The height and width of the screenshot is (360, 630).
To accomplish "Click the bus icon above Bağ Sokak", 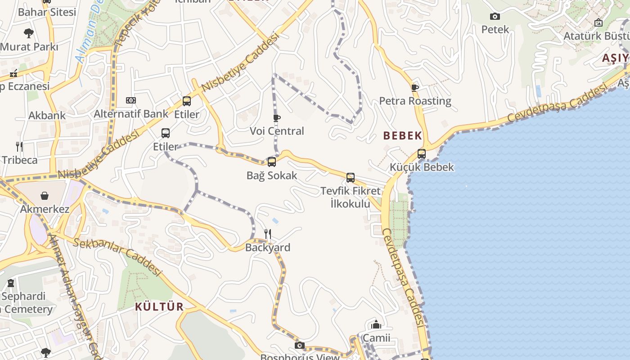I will (x=271, y=162).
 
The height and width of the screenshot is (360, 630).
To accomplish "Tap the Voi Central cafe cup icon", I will (x=277, y=118).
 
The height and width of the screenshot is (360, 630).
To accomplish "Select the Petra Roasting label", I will (x=415, y=101).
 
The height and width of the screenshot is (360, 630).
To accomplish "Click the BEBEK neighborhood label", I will (x=403, y=135).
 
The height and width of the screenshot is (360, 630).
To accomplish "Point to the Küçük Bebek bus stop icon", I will (x=421, y=154).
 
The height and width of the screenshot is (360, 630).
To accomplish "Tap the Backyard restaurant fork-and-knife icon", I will (x=267, y=234).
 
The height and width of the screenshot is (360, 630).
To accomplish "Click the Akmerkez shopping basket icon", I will (x=45, y=196).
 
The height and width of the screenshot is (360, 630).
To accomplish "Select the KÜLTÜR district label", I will (x=159, y=307).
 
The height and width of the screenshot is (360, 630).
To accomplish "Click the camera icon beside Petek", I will (x=495, y=17).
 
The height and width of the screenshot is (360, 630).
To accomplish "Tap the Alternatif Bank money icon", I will (x=131, y=100).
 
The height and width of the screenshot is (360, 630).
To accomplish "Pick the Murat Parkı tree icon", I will (x=29, y=33).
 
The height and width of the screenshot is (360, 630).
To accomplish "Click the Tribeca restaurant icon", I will (x=19, y=146).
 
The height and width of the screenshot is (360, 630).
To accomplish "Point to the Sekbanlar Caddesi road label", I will (x=117, y=256).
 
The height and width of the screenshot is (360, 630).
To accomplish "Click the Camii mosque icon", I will (x=376, y=324).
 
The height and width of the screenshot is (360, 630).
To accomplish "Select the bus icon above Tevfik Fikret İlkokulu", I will (x=350, y=178).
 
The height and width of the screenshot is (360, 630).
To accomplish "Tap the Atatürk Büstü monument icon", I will (x=598, y=22).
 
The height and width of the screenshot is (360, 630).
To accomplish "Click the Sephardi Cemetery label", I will (x=26, y=303).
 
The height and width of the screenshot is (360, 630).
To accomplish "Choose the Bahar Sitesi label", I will (x=47, y=12).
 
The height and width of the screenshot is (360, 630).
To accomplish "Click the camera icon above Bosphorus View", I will (x=299, y=346).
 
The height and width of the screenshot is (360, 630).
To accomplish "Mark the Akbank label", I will (x=47, y=115).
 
